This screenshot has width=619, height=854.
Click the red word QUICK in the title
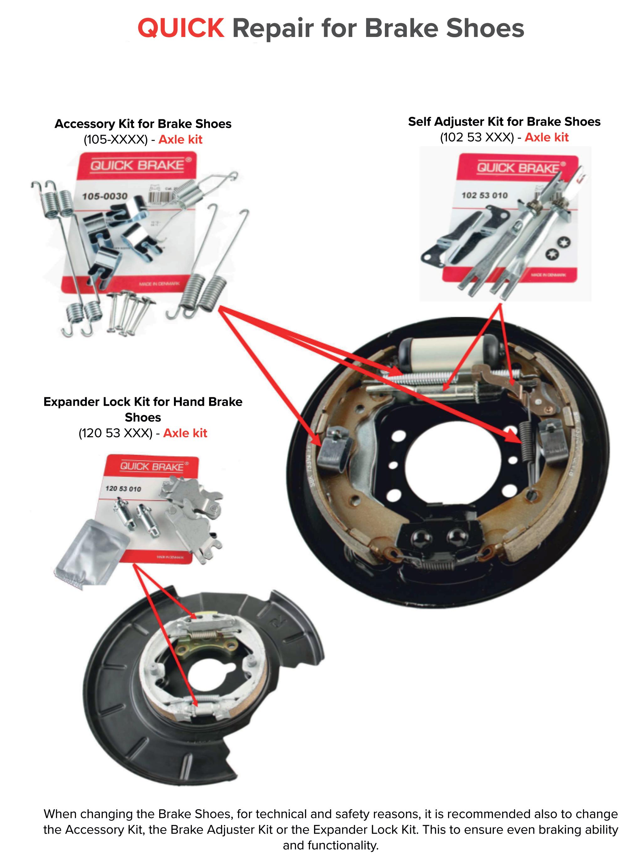coord(181,28)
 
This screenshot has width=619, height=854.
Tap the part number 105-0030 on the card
coord(104,196)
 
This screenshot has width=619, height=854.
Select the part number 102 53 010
coord(485,195)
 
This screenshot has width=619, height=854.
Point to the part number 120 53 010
coord(123,489)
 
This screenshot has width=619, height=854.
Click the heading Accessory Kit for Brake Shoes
coord(143,124)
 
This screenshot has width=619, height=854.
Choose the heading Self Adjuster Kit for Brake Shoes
coord(504,122)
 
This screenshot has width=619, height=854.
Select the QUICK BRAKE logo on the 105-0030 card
coord(138,165)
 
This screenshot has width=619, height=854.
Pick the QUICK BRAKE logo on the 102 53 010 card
coord(518,168)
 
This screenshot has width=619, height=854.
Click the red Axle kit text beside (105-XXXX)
coord(181,140)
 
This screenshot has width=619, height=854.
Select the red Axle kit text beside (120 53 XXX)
coord(185,433)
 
